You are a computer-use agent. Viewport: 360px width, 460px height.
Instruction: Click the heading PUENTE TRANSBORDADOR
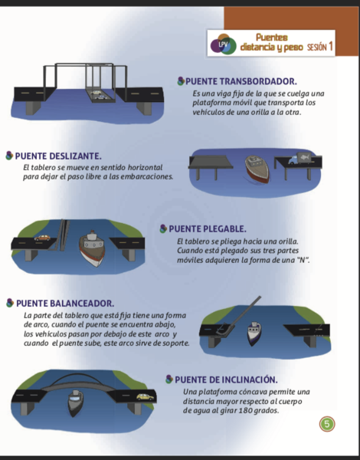tap(241, 81)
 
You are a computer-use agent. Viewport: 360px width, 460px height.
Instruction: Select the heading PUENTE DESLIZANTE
tap(58, 156)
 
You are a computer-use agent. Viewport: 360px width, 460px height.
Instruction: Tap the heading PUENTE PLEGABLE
tap(208, 228)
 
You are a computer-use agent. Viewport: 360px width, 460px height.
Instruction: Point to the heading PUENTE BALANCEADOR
tap(65, 304)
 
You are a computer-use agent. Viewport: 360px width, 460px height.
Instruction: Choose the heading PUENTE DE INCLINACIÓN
tap(226, 379)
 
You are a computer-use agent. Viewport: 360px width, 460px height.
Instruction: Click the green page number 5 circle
tap(327, 424)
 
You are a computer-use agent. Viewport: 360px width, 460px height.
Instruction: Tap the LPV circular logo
tap(224, 44)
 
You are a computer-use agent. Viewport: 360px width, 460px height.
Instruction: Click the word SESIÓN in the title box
tap(316, 47)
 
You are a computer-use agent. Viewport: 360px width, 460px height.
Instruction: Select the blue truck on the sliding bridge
tap(298, 159)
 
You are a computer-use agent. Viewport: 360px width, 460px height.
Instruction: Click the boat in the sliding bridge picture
tap(257, 169)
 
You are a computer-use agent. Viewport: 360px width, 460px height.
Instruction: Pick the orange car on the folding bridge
tap(42, 238)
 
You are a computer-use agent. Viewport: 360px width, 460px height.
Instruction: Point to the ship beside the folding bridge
tap(92, 248)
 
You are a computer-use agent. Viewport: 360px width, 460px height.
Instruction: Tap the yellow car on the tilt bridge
tap(145, 397)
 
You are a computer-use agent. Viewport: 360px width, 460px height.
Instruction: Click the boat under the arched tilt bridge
tap(75, 403)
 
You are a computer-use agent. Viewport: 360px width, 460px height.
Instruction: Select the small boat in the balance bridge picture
tap(254, 333)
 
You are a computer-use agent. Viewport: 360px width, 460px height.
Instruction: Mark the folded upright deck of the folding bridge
tap(63, 235)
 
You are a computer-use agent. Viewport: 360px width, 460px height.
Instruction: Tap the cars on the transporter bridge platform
tap(99, 95)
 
